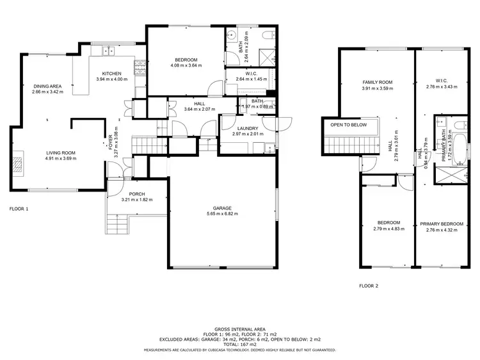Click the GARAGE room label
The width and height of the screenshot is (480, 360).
(222, 208)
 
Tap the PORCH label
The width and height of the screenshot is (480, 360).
(137, 194)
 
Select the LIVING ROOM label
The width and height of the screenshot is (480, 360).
(61, 152)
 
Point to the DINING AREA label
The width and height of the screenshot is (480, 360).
(48, 86)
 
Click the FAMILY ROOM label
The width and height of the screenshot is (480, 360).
(377, 82)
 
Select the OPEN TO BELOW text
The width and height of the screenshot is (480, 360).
(348, 125)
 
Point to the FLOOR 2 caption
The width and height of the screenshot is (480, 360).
(369, 286)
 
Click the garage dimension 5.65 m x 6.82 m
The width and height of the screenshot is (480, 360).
(222, 213)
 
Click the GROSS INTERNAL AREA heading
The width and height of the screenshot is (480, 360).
(239, 327)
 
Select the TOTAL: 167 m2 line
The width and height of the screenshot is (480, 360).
(239, 343)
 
